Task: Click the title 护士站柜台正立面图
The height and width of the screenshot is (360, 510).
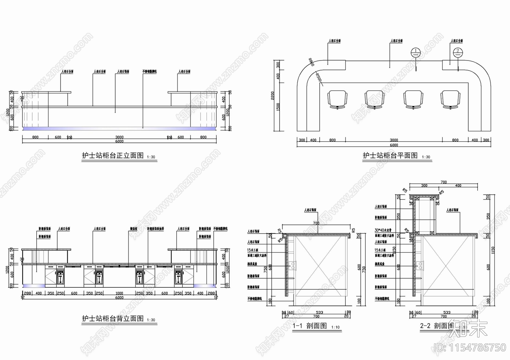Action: (x=113, y=156)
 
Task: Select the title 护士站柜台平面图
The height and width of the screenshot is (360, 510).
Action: (x=390, y=155)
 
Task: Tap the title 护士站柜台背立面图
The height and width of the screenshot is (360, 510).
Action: (x=113, y=319)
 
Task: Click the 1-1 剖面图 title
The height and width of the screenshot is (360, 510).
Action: (x=310, y=326)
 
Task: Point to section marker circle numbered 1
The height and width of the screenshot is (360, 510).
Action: (x=416, y=52)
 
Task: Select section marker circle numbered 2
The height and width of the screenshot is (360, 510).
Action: (x=458, y=52)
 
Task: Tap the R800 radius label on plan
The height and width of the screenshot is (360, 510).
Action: (x=311, y=62)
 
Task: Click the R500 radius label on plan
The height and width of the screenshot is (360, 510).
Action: (x=319, y=77)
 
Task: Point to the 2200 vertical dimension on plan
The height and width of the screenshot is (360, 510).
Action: (x=273, y=96)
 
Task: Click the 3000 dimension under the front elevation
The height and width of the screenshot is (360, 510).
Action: (x=119, y=137)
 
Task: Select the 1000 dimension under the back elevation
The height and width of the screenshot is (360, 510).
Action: (x=119, y=293)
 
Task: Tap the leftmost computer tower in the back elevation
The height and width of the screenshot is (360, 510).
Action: (x=60, y=277)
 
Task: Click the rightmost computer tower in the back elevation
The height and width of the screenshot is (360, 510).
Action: (x=178, y=277)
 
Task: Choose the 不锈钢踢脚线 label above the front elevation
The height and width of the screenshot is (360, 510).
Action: (x=149, y=72)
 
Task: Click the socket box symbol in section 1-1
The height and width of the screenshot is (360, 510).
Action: (x=293, y=265)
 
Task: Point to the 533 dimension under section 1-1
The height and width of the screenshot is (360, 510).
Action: (x=319, y=313)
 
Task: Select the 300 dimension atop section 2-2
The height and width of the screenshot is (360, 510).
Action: (x=424, y=185)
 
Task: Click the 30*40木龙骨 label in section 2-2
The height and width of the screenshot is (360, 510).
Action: (x=383, y=230)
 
